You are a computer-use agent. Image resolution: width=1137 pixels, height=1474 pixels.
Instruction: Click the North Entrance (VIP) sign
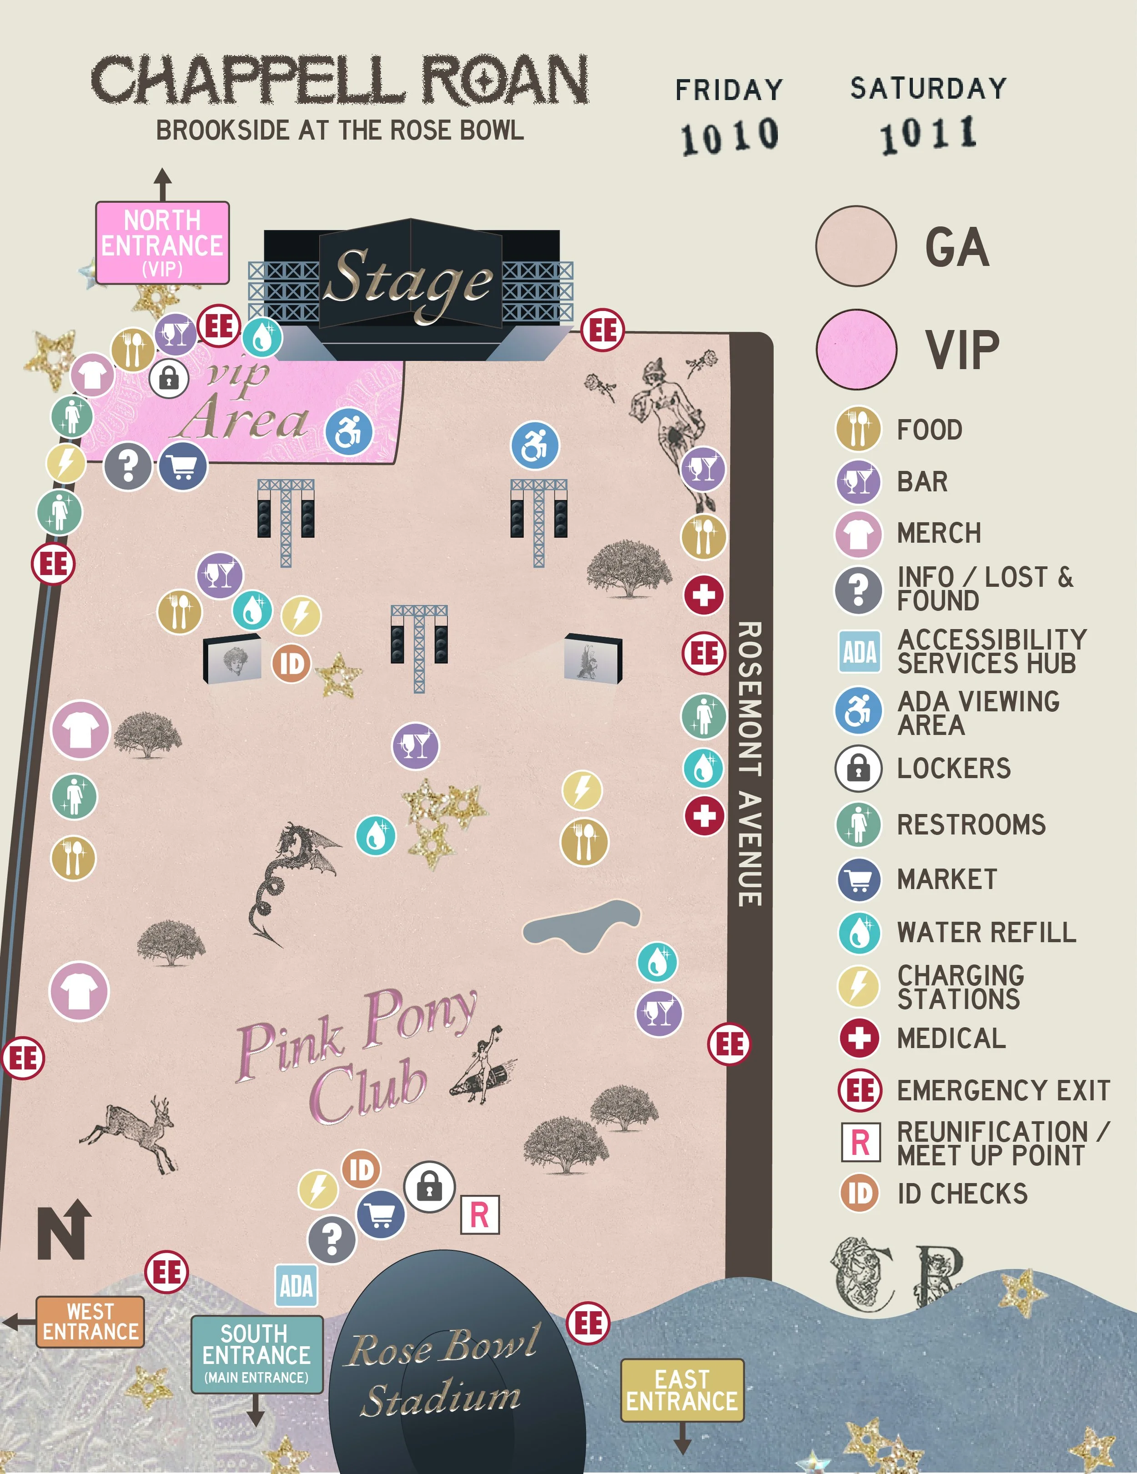(x=162, y=243)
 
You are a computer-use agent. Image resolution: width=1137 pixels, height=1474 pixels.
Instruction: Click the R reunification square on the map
(x=479, y=1215)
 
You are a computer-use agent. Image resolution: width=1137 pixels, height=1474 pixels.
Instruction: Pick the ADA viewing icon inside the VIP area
(x=349, y=431)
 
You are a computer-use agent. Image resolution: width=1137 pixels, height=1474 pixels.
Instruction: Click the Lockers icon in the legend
(x=858, y=768)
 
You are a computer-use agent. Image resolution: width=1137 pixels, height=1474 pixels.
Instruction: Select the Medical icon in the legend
(x=859, y=1038)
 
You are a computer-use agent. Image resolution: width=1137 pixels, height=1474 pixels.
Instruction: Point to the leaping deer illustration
(x=131, y=1134)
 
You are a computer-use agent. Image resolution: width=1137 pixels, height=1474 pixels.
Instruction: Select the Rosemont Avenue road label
(x=750, y=762)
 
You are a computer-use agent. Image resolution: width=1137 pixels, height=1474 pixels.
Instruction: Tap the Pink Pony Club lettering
(x=358, y=1053)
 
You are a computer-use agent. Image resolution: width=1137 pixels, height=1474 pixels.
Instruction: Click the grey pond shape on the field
(x=581, y=925)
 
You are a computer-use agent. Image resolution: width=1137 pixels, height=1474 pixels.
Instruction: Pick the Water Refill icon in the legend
(x=859, y=933)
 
